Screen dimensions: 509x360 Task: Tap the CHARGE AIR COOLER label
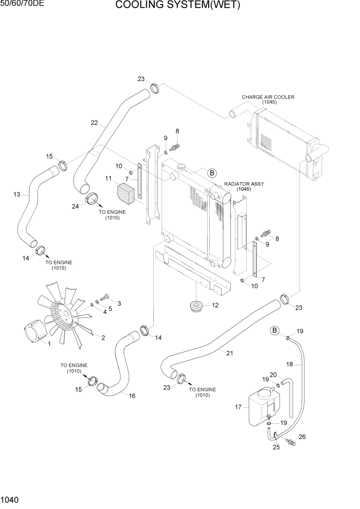[x=268, y=97]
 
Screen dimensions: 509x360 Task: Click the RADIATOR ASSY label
[x=244, y=184]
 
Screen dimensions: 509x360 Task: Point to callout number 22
[x=94, y=123]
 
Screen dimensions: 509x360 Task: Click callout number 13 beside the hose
[x=16, y=194]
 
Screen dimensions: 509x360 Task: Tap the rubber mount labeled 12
[x=196, y=307]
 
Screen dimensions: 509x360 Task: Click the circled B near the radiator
[x=212, y=173]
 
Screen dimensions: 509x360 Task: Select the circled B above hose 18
[x=275, y=330]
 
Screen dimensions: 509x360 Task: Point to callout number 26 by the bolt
[x=302, y=437]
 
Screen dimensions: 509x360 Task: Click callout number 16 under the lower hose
[x=132, y=395]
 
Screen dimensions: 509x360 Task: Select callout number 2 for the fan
[x=103, y=338]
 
